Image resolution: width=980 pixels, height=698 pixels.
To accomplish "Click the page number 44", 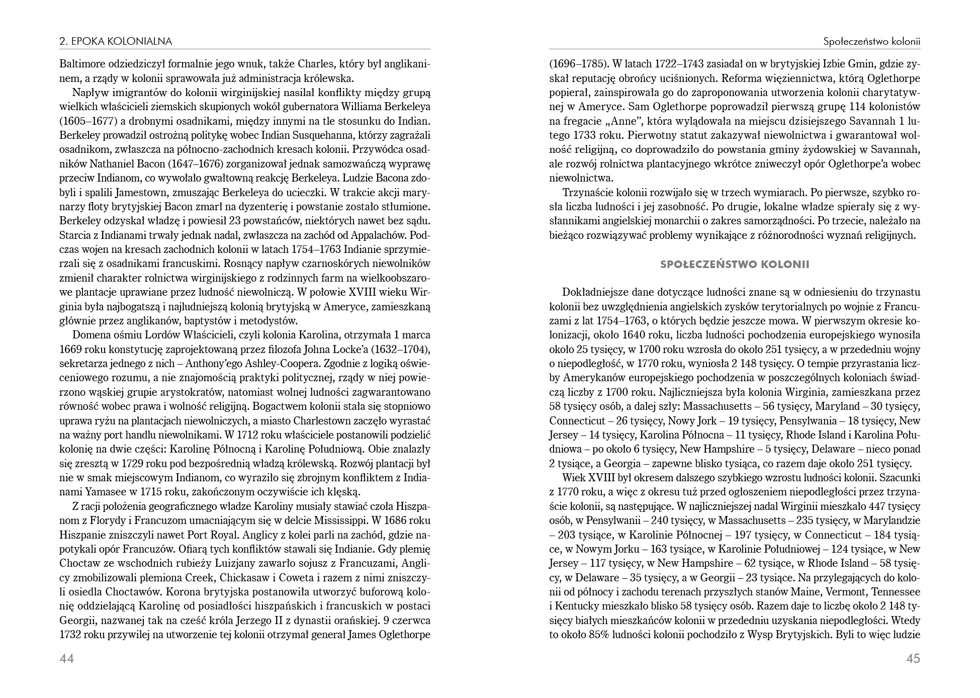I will coord(66,658).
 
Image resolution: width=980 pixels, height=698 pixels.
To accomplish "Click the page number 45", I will coord(913,658).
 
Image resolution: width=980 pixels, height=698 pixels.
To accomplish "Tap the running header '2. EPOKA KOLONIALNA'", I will coord(116,41).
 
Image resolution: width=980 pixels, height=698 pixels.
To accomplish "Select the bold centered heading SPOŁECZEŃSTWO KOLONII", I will coord(735,265).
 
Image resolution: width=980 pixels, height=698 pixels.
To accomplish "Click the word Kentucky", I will coord(580,606).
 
